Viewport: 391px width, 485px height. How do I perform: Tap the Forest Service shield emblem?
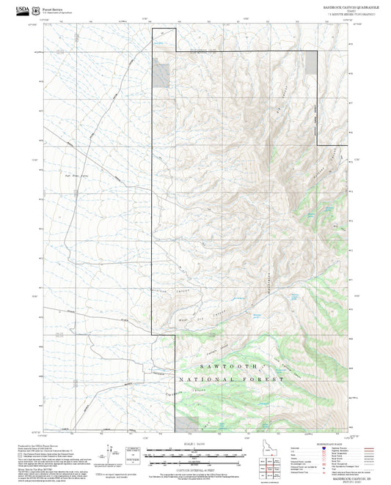pos(36,9)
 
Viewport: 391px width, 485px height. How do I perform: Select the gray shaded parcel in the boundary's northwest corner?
pos(161,73)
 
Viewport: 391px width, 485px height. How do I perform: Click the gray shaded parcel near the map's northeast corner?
pos(311,62)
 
